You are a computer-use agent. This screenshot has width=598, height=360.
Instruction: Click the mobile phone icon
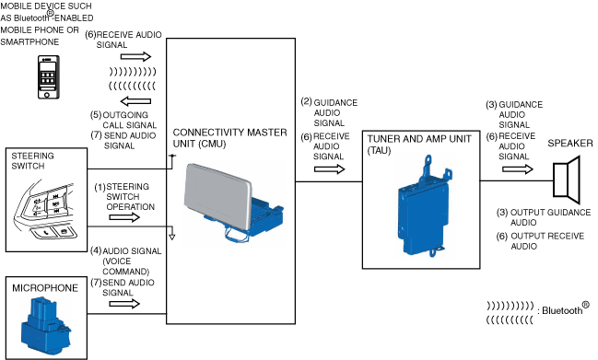coord(49,77)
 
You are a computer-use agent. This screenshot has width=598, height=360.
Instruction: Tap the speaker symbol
coord(567,180)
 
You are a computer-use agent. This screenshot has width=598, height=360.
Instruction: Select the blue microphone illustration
coord(45,326)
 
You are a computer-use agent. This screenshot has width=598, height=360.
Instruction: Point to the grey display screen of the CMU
coord(217,195)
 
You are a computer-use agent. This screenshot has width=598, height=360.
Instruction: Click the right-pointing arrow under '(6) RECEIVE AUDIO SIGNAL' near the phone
coord(135,57)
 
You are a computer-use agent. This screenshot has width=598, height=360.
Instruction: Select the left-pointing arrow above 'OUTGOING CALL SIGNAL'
coord(135,101)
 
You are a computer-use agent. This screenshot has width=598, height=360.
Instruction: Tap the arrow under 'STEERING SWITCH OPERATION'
coord(124,217)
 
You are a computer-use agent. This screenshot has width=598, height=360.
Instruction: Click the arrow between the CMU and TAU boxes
coord(330,169)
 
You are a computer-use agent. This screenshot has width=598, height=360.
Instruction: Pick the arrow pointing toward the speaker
coord(518,168)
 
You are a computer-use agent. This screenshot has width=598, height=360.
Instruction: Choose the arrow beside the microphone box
coord(124,304)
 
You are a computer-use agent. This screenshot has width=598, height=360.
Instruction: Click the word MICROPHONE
coord(45,288)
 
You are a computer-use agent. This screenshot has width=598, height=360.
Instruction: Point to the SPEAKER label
coord(570,144)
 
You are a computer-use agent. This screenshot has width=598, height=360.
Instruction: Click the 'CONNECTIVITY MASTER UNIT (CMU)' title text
coord(229,138)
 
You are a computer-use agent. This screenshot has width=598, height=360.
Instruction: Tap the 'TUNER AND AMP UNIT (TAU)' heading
coord(419,145)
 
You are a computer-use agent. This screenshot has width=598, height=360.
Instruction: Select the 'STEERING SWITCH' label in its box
coord(32,161)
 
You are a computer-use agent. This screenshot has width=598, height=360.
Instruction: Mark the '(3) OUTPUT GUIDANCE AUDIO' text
coord(544,217)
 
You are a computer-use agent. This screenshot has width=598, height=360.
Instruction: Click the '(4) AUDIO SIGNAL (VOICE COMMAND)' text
coord(126,261)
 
